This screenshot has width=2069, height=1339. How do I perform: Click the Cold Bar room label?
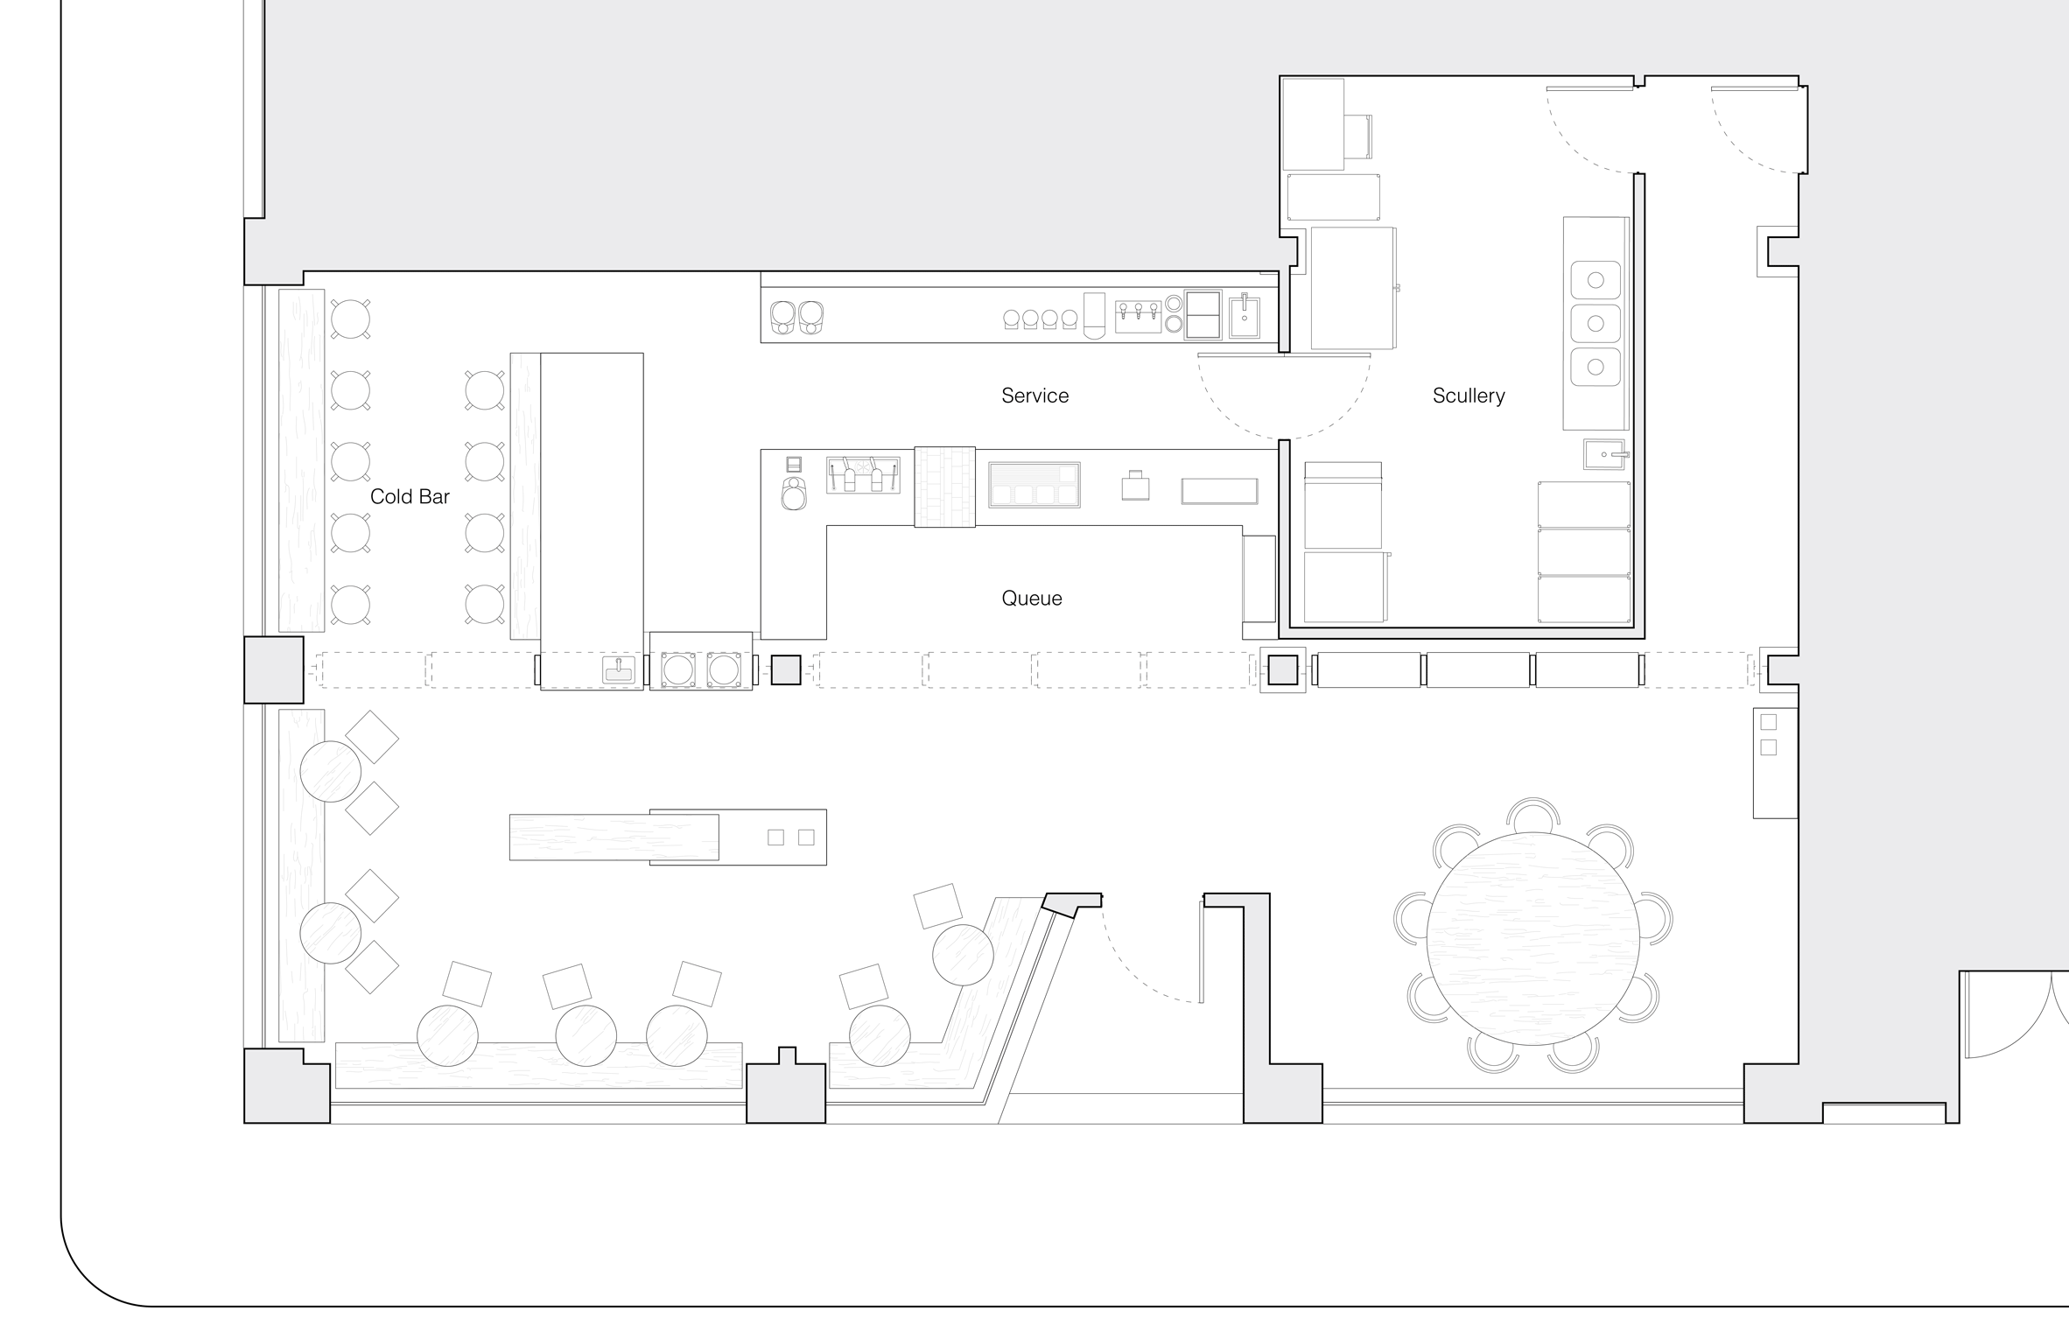click(x=410, y=496)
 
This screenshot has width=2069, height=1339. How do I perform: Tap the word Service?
click(x=1034, y=396)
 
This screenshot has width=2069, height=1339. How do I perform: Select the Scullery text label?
click(x=1469, y=396)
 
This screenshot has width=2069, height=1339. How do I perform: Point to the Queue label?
click(x=1032, y=599)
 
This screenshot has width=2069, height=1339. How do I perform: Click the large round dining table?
click(x=1532, y=938)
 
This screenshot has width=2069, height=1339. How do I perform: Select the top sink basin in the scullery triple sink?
click(x=1596, y=281)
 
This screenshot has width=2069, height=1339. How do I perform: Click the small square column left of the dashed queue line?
click(x=786, y=670)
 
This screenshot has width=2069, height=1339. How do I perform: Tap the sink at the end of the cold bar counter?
click(x=619, y=669)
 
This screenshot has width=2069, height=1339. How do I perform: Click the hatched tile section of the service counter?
click(x=944, y=487)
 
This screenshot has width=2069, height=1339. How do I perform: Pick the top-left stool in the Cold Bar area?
click(x=350, y=319)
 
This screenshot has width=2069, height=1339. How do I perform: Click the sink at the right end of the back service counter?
click(x=1245, y=317)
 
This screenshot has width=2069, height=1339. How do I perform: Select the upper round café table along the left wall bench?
click(x=330, y=771)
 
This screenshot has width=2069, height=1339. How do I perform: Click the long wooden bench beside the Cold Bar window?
click(x=301, y=460)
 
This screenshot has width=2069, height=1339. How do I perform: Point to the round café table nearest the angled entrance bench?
click(x=963, y=955)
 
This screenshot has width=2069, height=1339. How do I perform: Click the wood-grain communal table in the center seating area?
click(x=614, y=838)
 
